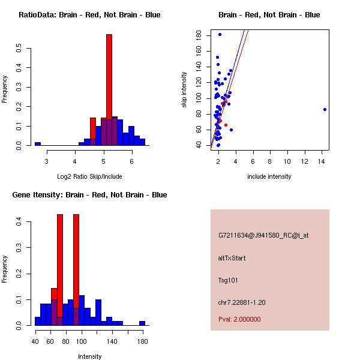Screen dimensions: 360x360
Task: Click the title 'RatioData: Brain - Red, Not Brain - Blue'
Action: tap(89, 15)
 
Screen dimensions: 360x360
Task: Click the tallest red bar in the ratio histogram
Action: tap(109, 90)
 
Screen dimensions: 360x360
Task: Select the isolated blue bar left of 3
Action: tap(37, 144)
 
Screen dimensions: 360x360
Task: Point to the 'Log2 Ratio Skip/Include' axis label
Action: tap(89, 176)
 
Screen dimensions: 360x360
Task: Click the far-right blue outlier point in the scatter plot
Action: tap(325, 109)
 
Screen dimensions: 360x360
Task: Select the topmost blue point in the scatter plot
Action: tap(220, 35)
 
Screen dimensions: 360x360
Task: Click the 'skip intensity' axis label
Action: tap(184, 90)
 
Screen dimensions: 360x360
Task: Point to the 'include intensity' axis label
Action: tap(269, 176)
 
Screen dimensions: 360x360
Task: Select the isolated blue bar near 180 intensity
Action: tap(142, 323)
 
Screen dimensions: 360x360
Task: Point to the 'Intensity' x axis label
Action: tap(89, 356)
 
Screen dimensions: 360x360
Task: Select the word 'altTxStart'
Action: tap(232, 258)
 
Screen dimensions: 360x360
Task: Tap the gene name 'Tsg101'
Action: tap(228, 280)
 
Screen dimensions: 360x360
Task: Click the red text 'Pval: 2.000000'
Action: tap(239, 319)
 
